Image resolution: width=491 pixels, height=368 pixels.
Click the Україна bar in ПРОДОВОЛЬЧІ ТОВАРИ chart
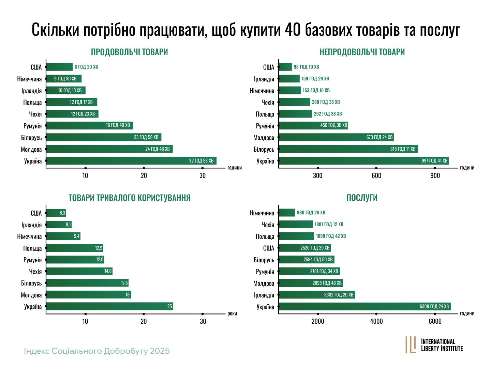click(x=131, y=161)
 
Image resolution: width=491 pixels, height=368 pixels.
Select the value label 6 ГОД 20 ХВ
click(x=86, y=67)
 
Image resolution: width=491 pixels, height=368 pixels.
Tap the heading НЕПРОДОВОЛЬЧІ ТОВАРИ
click(x=362, y=52)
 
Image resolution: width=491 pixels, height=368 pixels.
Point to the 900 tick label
click(x=435, y=176)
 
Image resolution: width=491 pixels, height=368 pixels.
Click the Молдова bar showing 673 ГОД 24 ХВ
click(x=336, y=137)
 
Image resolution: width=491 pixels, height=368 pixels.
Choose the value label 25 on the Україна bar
click(x=169, y=306)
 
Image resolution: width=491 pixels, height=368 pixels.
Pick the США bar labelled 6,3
click(x=56, y=213)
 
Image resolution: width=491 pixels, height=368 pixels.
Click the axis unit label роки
click(x=232, y=313)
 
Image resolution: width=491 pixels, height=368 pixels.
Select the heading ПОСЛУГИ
click(x=362, y=198)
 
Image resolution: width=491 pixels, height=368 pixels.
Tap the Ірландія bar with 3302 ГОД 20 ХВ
click(x=316, y=295)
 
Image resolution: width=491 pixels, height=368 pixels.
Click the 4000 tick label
click(x=376, y=321)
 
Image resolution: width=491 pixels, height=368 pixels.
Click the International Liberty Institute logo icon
click(x=411, y=344)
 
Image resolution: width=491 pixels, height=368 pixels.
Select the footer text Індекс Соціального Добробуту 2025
click(x=97, y=351)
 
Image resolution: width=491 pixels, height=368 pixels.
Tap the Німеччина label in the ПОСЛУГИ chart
click(x=262, y=213)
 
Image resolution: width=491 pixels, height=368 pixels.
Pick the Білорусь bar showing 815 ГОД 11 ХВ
click(x=348, y=149)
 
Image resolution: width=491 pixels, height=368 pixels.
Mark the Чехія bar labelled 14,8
click(x=79, y=271)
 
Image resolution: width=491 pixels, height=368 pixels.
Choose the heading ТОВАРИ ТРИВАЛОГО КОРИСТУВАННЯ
click(x=130, y=198)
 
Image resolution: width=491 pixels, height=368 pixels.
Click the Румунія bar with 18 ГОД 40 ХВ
click(x=89, y=125)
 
